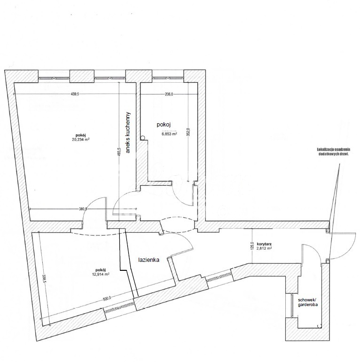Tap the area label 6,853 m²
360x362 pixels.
(x=169, y=134)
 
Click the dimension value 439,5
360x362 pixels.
(x=75, y=94)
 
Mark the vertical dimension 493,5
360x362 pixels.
(x=120, y=154)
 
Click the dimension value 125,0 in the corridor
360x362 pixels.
(x=252, y=247)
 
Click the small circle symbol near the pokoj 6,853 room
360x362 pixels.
(x=142, y=137)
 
